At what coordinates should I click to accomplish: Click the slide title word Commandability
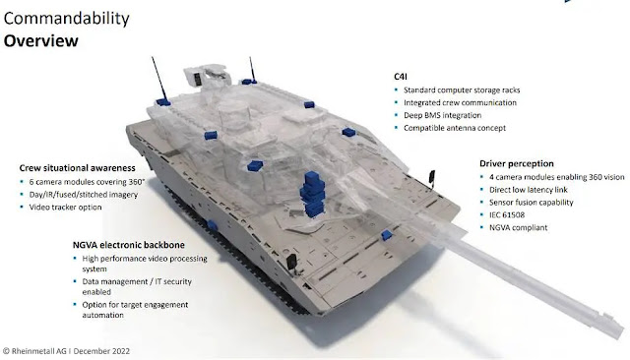[x=67, y=19]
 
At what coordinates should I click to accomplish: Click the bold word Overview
[x=41, y=41]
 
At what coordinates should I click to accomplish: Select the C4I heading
[x=401, y=77]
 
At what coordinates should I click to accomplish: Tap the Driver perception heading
[x=516, y=163]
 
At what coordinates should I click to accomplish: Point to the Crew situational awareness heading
[x=77, y=168]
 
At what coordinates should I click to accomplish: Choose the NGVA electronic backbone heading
[x=129, y=245]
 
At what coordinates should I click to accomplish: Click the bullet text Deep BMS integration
[x=442, y=115]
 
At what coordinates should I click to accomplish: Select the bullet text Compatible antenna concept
[x=455, y=128]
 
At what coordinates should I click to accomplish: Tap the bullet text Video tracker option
[x=65, y=208]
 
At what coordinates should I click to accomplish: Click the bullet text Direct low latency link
[x=529, y=190]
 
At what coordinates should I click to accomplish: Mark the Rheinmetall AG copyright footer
[x=66, y=351]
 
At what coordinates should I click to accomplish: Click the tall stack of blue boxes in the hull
[x=313, y=194]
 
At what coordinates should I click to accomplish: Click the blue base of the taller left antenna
[x=163, y=102]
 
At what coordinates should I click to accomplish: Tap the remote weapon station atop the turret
[x=208, y=77]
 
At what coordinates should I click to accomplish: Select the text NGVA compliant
[x=518, y=227]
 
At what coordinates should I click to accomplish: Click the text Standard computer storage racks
[x=462, y=90]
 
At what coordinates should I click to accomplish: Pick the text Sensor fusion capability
[x=531, y=203]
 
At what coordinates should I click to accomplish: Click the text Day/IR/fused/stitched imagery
[x=83, y=195]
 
